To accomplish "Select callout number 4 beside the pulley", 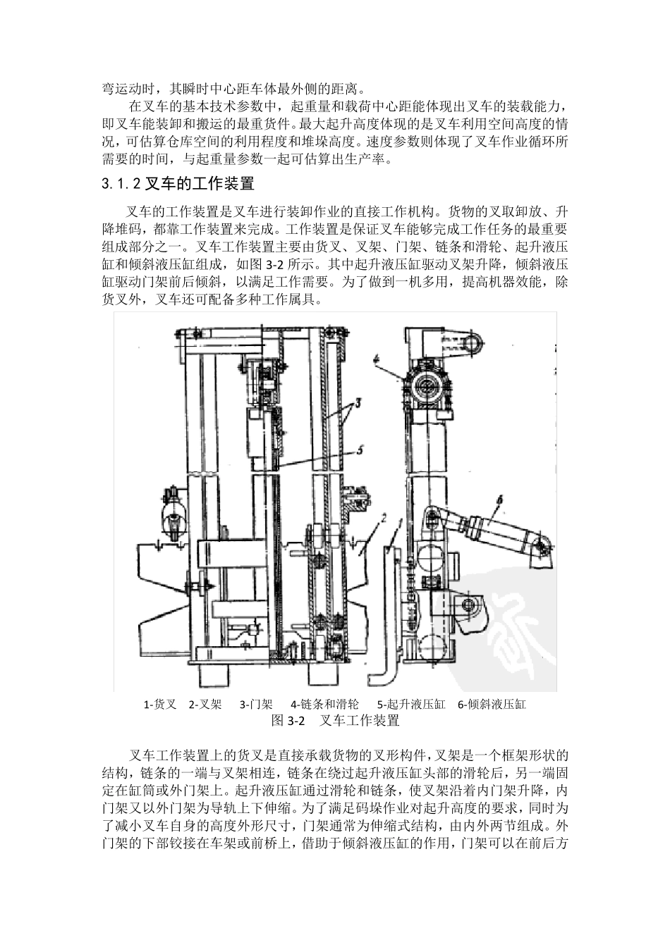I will [377, 359].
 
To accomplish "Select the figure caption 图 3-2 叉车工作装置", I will [335, 721].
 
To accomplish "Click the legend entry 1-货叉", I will [160, 704].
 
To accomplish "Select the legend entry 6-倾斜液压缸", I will [492, 704].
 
